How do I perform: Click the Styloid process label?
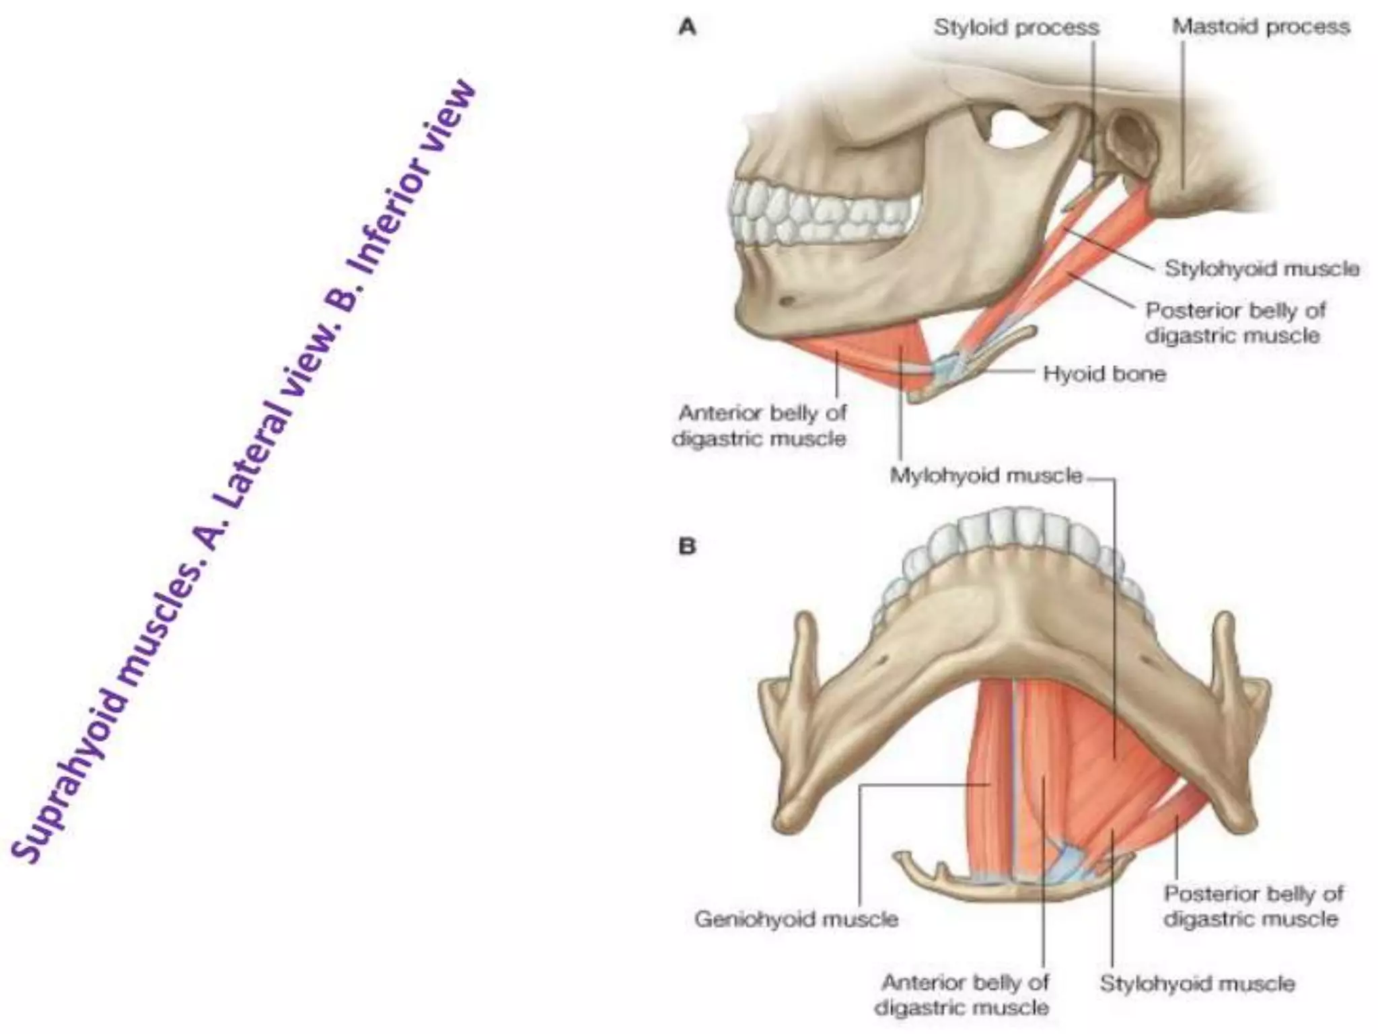pyautogui.click(x=1016, y=28)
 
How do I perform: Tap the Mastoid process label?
pyautogui.click(x=1261, y=27)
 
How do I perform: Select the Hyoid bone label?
pyautogui.click(x=1104, y=374)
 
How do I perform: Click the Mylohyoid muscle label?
pyautogui.click(x=986, y=476)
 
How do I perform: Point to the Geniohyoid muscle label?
pyautogui.click(x=796, y=919)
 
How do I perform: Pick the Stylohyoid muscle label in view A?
pyautogui.click(x=1262, y=269)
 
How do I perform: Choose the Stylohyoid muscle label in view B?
pyautogui.click(x=1197, y=984)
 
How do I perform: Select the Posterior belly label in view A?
pyautogui.click(x=1235, y=323)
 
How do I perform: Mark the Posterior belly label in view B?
pyautogui.click(x=1253, y=906)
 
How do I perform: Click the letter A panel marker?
pyautogui.click(x=687, y=28)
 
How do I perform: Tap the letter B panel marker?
pyautogui.click(x=687, y=546)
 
